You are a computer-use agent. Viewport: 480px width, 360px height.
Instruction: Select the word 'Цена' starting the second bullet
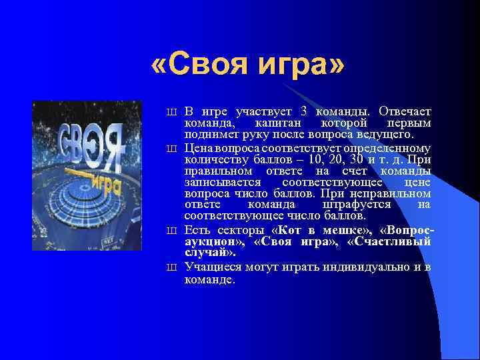pyautogui.click(x=199, y=148)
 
